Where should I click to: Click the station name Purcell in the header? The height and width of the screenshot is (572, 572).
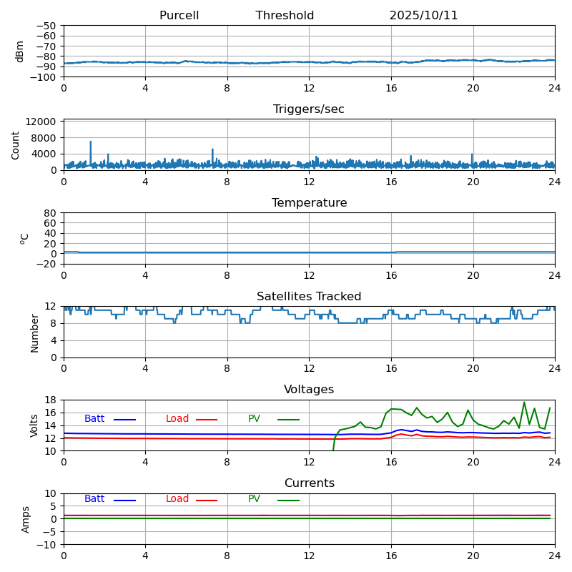pos(179,16)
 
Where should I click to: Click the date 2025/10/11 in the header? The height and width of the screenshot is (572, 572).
pos(423,16)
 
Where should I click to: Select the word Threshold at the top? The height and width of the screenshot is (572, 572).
pos(285,16)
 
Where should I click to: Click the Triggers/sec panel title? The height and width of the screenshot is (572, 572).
pos(309,109)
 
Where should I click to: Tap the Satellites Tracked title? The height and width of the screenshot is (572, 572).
pos(309,297)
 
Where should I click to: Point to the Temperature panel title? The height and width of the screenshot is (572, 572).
pos(309,203)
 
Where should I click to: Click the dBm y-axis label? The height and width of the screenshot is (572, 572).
pos(20,51)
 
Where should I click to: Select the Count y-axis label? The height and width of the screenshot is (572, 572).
pos(16,145)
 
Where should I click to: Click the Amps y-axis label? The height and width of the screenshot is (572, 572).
pos(26,519)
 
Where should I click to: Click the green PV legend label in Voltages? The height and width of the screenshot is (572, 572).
pos(254,419)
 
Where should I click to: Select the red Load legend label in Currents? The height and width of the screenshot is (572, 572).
pos(177,499)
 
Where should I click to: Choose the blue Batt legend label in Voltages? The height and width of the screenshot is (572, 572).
pos(94,419)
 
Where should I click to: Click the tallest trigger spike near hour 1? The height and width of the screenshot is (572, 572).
pos(91,142)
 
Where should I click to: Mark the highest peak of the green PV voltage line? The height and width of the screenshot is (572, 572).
pos(524,402)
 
